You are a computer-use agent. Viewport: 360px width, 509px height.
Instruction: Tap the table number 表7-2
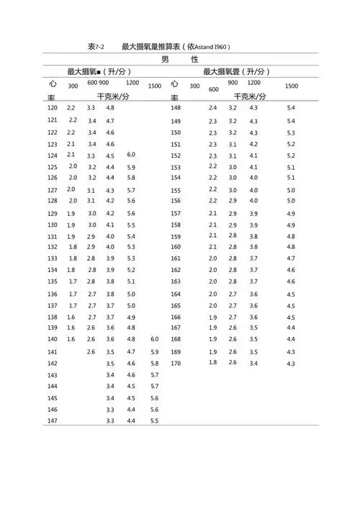coord(96,47)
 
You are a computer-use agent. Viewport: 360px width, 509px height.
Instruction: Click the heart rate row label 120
coord(52,108)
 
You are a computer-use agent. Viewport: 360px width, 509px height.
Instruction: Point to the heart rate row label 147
coord(52,421)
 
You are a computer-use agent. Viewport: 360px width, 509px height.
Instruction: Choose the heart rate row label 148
coord(176,108)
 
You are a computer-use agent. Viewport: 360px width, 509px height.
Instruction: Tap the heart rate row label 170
coord(176,363)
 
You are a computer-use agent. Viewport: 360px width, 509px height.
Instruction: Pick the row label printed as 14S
coord(52,398)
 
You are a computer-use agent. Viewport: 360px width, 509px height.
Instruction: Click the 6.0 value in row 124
coord(131,155)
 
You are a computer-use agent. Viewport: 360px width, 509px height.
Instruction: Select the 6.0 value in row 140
coord(155,339)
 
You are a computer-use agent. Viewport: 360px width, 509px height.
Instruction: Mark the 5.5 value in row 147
coord(155,421)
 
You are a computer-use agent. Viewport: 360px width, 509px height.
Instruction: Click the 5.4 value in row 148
coord(291,108)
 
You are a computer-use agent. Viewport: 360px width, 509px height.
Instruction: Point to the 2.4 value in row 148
coord(212,108)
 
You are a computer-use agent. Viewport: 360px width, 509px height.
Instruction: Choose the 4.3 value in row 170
coord(291,364)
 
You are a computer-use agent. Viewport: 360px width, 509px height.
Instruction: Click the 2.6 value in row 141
coord(91,351)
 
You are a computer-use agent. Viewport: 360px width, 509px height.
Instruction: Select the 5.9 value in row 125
coord(131,167)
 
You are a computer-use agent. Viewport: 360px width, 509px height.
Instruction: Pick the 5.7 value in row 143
coord(155,375)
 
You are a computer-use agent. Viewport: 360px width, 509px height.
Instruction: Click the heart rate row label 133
coord(52,258)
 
